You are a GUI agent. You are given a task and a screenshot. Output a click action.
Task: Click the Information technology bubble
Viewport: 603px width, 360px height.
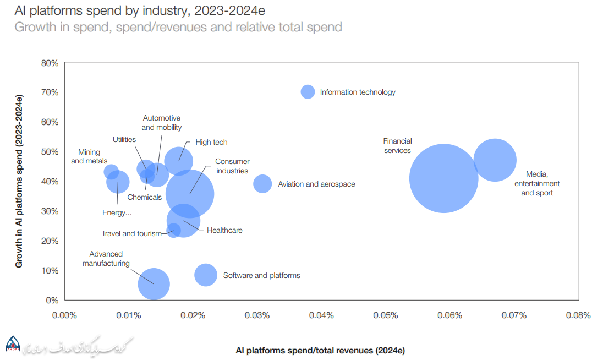(x=308, y=92)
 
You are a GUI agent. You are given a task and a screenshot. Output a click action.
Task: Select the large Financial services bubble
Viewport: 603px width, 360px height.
(x=443, y=178)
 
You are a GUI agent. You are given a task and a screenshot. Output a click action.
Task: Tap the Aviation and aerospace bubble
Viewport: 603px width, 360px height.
(x=262, y=183)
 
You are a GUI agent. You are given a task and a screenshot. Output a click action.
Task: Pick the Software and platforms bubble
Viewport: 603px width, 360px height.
(x=206, y=275)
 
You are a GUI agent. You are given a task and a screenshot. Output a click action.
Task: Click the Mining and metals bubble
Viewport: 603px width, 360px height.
(x=111, y=171)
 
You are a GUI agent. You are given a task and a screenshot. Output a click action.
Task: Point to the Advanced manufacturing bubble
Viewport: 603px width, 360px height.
(x=154, y=284)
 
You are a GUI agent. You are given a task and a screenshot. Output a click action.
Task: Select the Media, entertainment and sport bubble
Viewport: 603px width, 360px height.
(x=495, y=160)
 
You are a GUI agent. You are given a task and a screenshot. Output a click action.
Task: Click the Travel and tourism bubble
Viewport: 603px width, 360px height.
(x=174, y=230)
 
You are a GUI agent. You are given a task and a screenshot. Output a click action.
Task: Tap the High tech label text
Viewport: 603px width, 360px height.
(x=211, y=143)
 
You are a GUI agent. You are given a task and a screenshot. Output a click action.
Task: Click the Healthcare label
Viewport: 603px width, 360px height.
(x=224, y=231)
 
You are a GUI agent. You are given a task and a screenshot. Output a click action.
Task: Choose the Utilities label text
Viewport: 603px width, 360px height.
(x=124, y=140)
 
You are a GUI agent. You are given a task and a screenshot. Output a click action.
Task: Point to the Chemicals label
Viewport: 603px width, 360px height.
(x=145, y=197)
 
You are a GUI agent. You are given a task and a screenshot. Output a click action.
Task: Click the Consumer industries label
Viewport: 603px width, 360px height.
(x=232, y=166)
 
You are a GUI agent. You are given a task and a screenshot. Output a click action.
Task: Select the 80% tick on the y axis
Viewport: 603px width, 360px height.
(x=50, y=63)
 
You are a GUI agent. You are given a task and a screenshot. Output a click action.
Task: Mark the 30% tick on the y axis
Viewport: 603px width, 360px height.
(x=50, y=211)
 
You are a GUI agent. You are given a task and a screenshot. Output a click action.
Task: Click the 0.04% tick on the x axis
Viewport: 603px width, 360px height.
(x=321, y=315)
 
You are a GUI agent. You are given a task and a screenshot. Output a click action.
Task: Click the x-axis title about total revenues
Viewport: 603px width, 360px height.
(x=320, y=350)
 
